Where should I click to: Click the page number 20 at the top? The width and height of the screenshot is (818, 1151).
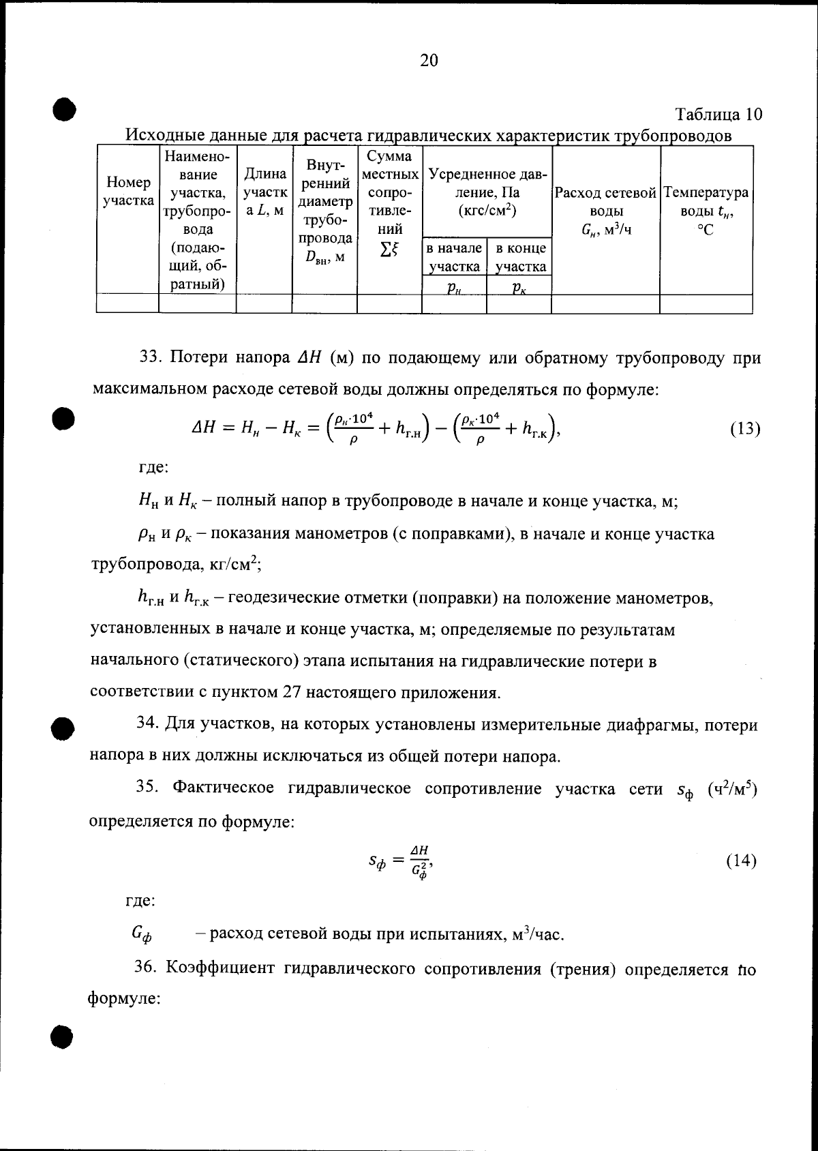429,61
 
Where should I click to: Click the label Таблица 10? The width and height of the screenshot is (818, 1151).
718,114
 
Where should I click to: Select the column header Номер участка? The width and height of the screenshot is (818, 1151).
128,192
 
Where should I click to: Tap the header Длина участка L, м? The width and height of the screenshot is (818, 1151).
264,193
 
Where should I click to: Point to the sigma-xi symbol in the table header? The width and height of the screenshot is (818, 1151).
389,250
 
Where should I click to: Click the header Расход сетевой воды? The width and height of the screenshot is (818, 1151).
605,211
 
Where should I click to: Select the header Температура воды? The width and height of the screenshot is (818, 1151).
706,211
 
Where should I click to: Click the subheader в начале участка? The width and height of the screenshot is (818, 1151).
454,257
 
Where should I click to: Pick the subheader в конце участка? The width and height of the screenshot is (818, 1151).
519,257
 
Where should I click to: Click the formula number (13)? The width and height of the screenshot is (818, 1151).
744,430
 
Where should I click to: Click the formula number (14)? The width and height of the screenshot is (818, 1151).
741,861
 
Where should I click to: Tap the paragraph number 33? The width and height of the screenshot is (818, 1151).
149,358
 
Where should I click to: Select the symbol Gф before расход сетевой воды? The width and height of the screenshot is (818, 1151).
141,934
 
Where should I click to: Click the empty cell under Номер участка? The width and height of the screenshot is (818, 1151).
128,303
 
